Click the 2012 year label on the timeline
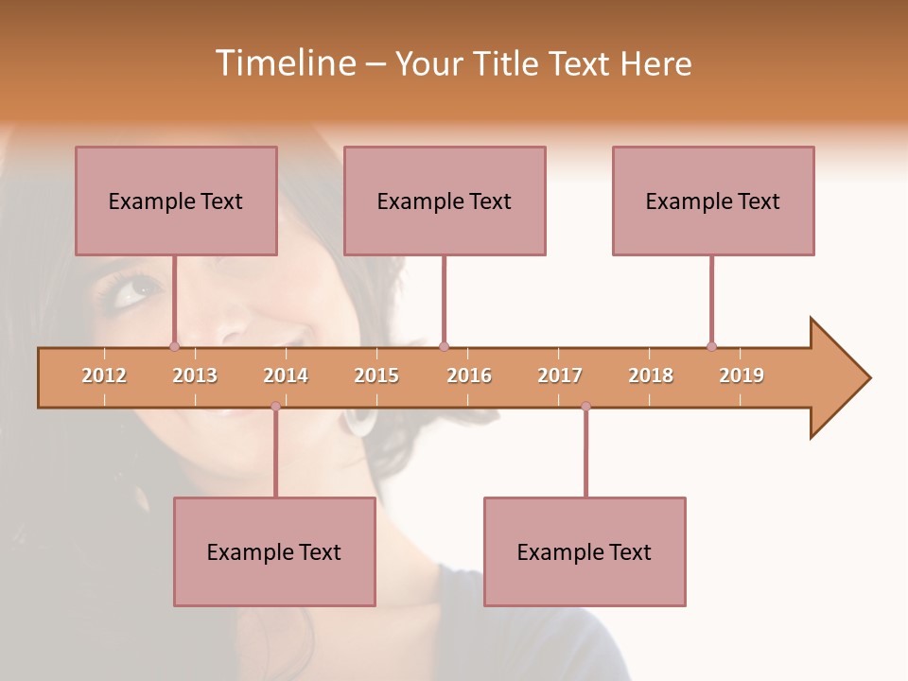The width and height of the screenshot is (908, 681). pos(104,375)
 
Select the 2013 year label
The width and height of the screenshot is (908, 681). pos(195,375)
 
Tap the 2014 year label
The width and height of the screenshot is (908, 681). pos(286,375)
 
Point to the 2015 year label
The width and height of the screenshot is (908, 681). pos(376,375)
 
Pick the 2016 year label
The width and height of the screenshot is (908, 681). pos(469,375)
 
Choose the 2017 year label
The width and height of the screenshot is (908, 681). pos(560,375)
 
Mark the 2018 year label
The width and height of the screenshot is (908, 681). pos(651,375)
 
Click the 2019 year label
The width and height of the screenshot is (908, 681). pos(742,375)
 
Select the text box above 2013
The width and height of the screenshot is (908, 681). pos(176,201)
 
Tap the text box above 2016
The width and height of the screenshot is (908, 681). pos(445,201)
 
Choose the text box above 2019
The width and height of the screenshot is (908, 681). pos(713,201)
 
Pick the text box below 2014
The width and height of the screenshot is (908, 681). pos(274,551)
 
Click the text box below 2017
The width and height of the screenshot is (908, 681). pos(585,551)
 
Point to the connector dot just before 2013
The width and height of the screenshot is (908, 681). pos(174,346)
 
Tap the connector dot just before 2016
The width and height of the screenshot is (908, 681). pos(444,346)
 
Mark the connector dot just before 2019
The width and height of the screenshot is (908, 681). pos(711,346)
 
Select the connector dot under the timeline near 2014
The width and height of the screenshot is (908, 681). pos(275,406)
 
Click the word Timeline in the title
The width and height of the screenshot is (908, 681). pos(285,63)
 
